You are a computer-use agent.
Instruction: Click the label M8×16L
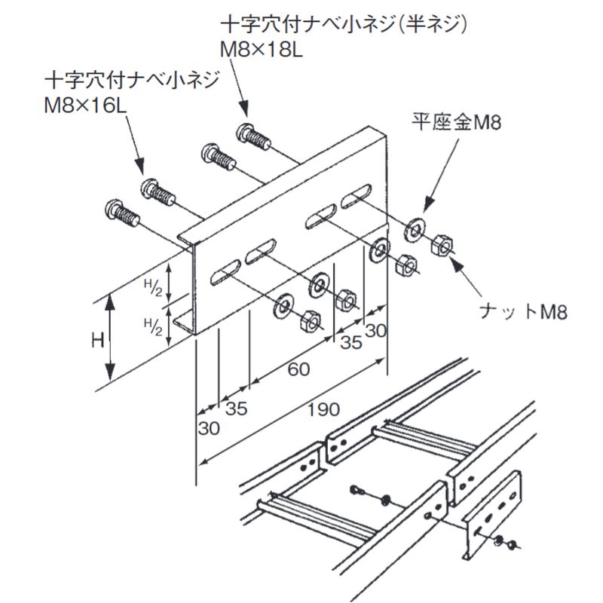point(84,102)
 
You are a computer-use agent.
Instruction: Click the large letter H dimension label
point(96,340)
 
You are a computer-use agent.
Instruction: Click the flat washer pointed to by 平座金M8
point(413,229)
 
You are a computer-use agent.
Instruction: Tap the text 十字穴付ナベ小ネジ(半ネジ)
point(344,25)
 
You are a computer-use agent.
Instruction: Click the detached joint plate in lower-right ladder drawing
point(493,514)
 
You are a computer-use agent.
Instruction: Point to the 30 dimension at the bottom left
point(209,427)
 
